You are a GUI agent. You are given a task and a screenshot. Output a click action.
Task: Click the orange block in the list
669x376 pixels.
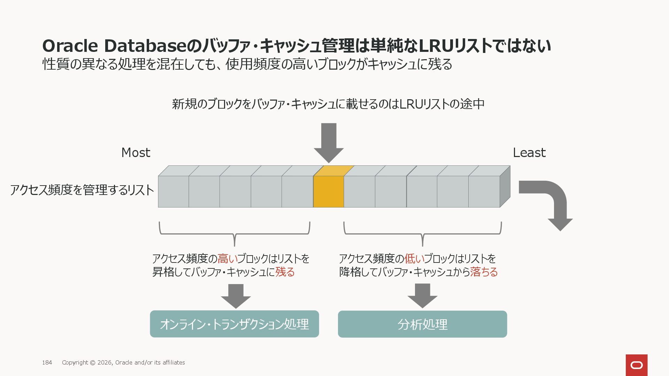(328, 191)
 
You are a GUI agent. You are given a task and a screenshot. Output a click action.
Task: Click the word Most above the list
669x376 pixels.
(136, 152)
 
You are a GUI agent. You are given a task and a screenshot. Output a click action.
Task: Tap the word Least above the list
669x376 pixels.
(529, 152)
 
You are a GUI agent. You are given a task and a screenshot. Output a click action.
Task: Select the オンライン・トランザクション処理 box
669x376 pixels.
(234, 324)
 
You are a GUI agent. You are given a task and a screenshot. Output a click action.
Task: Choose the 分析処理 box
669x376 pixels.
(422, 324)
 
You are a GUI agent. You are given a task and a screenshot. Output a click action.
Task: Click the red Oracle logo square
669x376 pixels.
(636, 365)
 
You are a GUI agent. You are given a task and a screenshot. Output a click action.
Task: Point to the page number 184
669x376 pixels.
(47, 362)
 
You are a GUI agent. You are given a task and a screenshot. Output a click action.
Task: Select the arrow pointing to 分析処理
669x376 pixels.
(422, 296)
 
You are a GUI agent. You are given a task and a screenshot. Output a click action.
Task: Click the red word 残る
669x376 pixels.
(285, 272)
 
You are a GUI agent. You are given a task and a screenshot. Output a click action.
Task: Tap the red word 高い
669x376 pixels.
(227, 259)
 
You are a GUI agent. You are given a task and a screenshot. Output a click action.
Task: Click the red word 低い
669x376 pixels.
(414, 259)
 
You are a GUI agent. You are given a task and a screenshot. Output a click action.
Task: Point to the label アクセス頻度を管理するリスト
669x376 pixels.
(82, 190)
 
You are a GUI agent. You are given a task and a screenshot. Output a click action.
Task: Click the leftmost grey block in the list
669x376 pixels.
(173, 191)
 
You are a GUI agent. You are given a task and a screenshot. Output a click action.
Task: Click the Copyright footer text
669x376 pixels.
(123, 362)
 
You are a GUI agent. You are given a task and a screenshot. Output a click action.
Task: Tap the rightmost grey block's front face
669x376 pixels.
(484, 191)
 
